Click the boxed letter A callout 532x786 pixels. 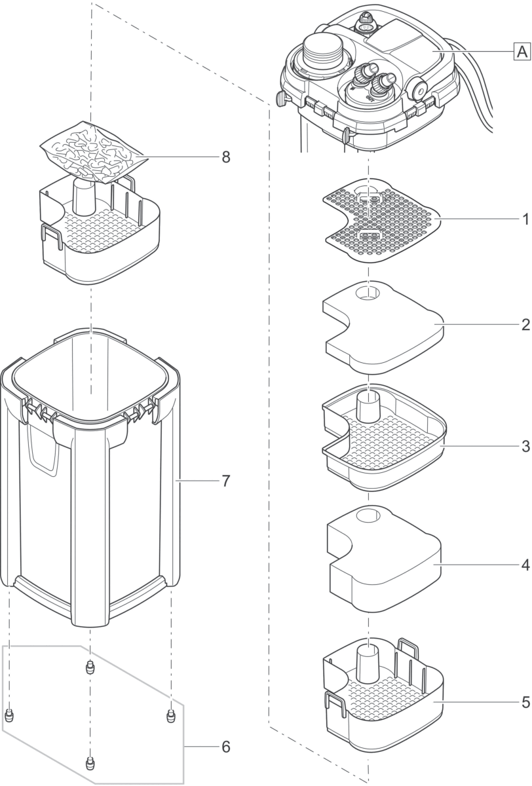click(521, 50)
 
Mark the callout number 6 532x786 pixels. click(225, 481)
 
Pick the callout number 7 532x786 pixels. click(225, 157)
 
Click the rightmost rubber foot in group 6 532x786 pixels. click(171, 715)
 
